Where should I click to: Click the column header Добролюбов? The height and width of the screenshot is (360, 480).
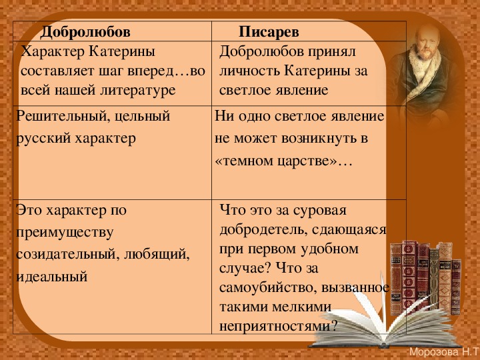pos(85,32)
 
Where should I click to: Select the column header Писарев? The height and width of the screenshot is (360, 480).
pos(269,32)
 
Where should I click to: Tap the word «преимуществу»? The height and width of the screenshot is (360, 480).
pos(65,233)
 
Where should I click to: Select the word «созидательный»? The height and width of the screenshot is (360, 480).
pos(67,255)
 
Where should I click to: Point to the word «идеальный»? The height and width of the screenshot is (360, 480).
pos(52,277)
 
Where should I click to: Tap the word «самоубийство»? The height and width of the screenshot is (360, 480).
pos(268,288)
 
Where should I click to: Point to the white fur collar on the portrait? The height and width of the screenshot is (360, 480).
pos(424,69)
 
